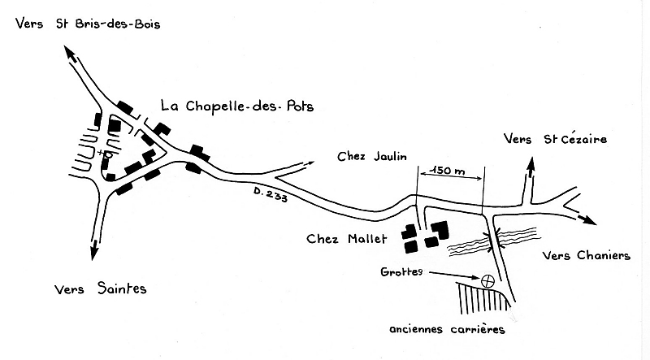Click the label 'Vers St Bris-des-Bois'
click(88, 24)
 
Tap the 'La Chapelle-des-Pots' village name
click(237, 106)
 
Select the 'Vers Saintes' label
click(100, 288)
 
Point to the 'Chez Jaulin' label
click(372, 156)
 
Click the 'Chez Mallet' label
click(347, 239)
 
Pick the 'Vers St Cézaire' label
click(556, 139)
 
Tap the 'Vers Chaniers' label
click(587, 255)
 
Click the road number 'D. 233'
click(271, 194)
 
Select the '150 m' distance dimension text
click(448, 171)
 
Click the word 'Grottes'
click(401, 271)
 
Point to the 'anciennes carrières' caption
click(448, 329)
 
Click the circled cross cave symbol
click(488, 281)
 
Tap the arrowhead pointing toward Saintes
click(94, 249)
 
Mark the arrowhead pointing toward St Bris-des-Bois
click(70, 54)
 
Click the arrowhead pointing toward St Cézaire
click(531, 165)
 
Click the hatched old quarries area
click(483, 298)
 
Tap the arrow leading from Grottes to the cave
click(454, 275)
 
